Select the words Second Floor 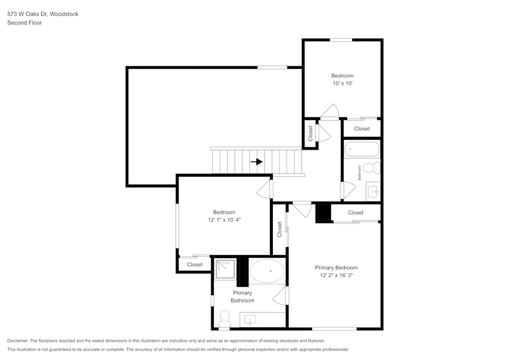click(x=24, y=23)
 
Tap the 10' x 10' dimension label click(x=343, y=84)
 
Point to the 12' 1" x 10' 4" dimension click(x=224, y=220)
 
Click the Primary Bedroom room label click(x=336, y=268)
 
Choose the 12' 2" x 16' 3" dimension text click(x=336, y=275)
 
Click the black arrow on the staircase click(x=257, y=161)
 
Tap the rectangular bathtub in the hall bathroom click(x=362, y=150)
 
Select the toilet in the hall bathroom click(x=374, y=168)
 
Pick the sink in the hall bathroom click(x=373, y=192)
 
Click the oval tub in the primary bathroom click(x=267, y=271)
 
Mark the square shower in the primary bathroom click(x=224, y=269)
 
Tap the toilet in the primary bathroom click(x=224, y=319)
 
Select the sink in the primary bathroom click(x=250, y=320)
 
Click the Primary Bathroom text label click(x=242, y=296)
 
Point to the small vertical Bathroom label click(x=359, y=172)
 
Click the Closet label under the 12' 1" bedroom click(x=194, y=265)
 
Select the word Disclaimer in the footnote click(x=18, y=341)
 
